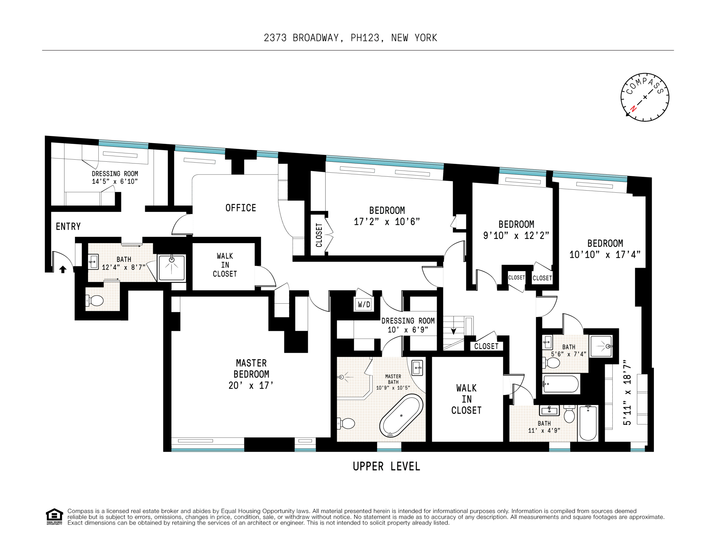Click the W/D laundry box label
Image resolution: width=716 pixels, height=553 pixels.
pos(364,305)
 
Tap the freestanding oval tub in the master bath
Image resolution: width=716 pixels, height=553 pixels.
pos(401,416)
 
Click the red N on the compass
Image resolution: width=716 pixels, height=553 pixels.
pos(633,109)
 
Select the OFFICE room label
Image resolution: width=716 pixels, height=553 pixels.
pos(241,208)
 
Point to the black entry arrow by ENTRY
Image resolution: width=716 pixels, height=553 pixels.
pos(63,269)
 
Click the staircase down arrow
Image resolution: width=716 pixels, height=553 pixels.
pos(453,331)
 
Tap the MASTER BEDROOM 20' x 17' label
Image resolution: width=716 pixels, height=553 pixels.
pos(251,374)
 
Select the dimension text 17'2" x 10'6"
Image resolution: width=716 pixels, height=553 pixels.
pos(387,222)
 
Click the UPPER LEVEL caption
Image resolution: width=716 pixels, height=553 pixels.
pos(386,467)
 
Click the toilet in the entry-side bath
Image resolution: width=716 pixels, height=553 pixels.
pos(95,300)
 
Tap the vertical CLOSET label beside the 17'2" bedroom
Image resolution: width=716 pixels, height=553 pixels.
pos(319,235)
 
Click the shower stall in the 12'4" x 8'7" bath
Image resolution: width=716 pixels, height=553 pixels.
pos(172,268)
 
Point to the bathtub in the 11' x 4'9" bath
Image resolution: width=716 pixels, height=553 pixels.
pos(588,423)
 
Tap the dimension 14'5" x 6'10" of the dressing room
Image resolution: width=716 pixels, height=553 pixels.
pos(115,182)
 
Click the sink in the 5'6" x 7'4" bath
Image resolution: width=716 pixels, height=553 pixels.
pos(547,342)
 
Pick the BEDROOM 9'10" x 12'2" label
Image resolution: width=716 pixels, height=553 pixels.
pos(516,230)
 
